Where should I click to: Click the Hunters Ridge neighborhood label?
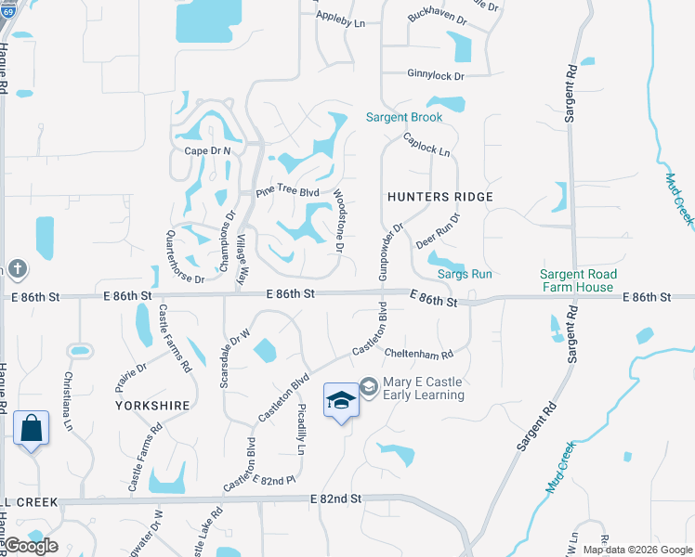coord(440,197)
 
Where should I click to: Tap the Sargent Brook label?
coord(404,118)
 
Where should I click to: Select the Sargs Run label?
coord(465,275)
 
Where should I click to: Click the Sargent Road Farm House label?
coord(577,280)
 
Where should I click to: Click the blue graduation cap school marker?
coord(341,400)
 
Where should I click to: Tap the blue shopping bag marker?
coord(31,429)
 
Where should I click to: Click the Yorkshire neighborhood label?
coord(152,406)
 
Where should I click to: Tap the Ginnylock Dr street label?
coord(435,74)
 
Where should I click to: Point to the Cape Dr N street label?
coord(207,150)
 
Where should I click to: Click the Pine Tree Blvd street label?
coord(288,193)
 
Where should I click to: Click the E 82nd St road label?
coord(334,499)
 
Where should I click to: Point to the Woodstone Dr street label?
coord(339,224)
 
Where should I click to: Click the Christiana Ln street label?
coord(68,402)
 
